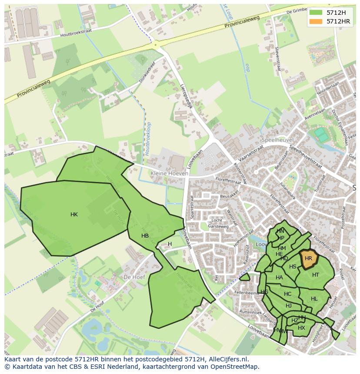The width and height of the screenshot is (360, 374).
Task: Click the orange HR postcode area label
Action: click(308, 258)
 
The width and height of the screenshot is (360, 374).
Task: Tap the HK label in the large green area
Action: click(74, 215)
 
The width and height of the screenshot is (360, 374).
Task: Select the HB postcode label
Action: click(145, 236)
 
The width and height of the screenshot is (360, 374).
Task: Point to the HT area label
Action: click(316, 275)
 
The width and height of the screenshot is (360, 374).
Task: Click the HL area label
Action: click(314, 299)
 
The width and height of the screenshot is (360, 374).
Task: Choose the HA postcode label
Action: click(279, 278)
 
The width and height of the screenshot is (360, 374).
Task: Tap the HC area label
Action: click(287, 294)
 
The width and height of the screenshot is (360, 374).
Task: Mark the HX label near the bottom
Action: click(301, 328)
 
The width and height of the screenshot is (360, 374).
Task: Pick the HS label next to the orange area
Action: click(293, 267)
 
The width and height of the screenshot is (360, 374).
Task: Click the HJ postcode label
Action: click(289, 306)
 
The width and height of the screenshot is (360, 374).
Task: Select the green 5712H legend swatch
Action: click(316, 13)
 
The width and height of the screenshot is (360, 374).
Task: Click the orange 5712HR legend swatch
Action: click(316, 21)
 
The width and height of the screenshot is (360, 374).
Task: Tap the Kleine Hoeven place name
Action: click(170, 173)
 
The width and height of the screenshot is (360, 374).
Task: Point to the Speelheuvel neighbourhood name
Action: click(277, 140)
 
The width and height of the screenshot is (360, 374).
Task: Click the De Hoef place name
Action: click(133, 277)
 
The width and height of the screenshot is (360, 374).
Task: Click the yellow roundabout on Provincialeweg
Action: click(155, 44)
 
